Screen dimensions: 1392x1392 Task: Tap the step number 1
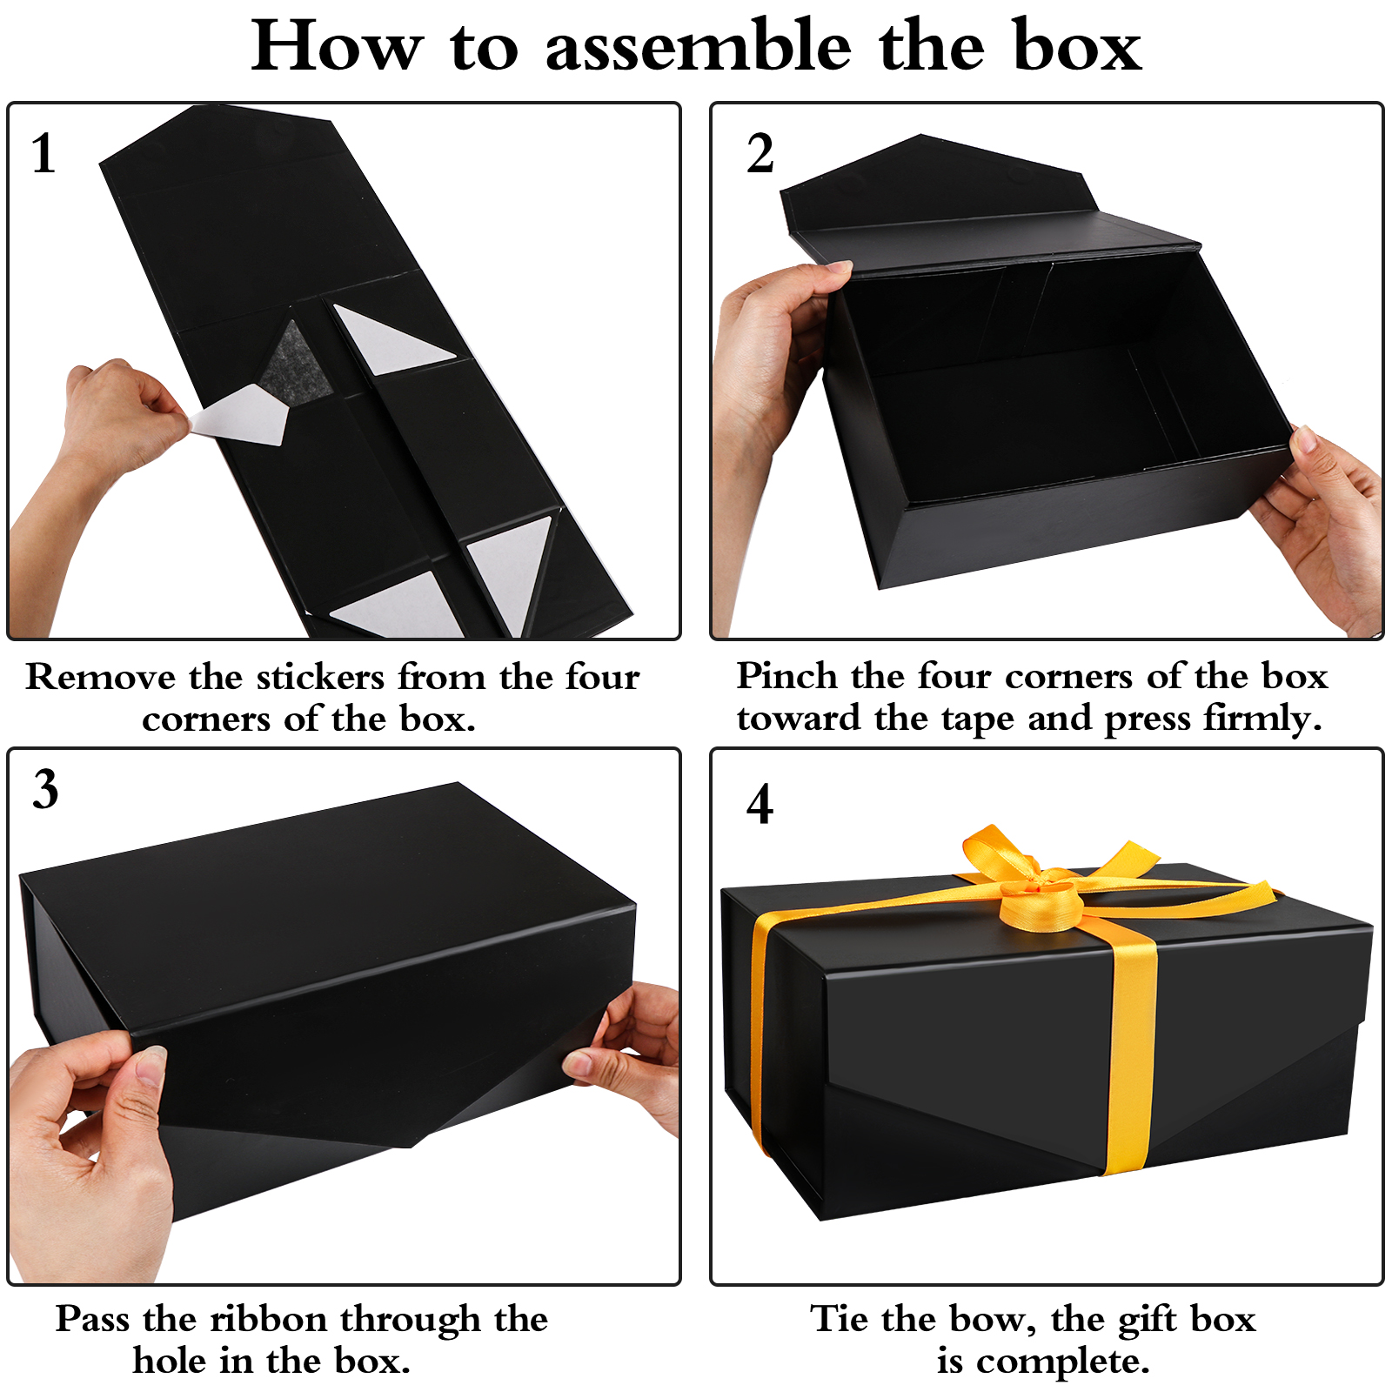pyautogui.click(x=43, y=154)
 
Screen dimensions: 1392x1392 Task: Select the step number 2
pyautogui.click(x=760, y=154)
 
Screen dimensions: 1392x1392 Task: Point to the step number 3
pyautogui.click(x=45, y=789)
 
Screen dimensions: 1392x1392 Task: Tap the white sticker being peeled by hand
pyautogui.click(x=240, y=414)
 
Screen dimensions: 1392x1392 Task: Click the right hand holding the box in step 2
pyautogui.click(x=1322, y=522)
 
